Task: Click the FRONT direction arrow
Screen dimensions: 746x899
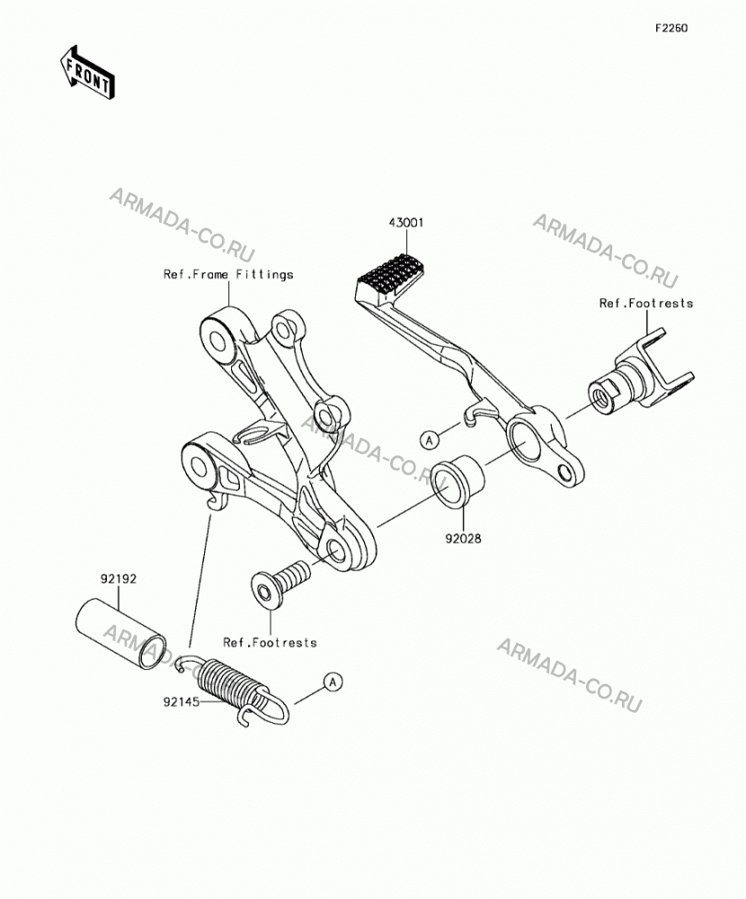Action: [x=88, y=73]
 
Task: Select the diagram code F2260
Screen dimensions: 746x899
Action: [x=671, y=28]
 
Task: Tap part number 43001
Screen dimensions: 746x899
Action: [x=406, y=222]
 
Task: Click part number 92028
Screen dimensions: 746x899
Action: [x=463, y=539]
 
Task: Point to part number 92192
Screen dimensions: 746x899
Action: [x=119, y=579]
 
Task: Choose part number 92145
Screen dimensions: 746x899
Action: [x=182, y=702]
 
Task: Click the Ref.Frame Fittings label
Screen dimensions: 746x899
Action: [x=228, y=274]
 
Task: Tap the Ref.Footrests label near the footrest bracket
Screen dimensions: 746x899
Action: [x=646, y=303]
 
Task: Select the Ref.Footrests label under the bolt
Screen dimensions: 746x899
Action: [x=270, y=643]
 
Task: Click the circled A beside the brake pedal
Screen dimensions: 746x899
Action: [x=430, y=440]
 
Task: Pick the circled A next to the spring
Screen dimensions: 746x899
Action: [x=333, y=682]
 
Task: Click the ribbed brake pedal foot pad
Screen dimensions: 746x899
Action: [x=390, y=276]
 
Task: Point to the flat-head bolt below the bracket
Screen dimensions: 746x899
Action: [x=280, y=579]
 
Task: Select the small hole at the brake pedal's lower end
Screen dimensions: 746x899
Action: [x=564, y=472]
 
